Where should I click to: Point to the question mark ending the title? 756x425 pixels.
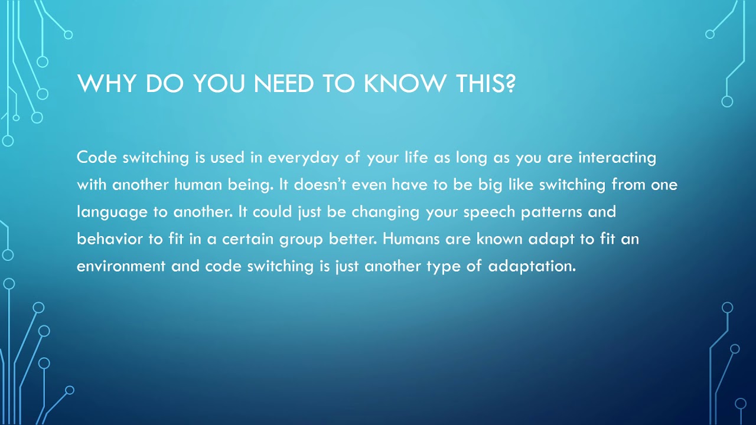click(x=510, y=83)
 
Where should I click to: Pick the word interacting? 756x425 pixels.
click(x=617, y=158)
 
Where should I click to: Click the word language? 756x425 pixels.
click(x=112, y=212)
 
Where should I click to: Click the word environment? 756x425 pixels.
click(x=121, y=266)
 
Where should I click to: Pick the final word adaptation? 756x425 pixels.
click(x=532, y=267)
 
